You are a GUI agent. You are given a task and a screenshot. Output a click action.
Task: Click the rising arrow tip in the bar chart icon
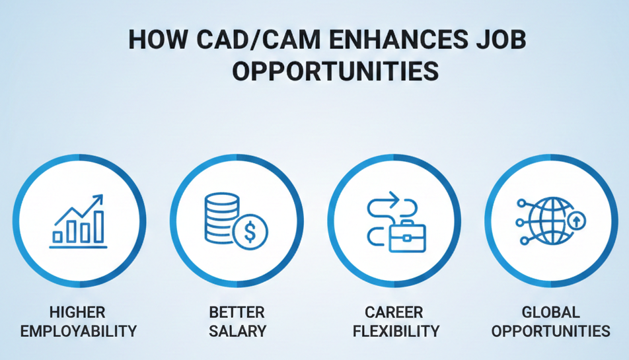100,198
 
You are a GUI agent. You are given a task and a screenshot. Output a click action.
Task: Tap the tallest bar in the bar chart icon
99,226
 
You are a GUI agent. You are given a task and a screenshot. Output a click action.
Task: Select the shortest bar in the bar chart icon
58,236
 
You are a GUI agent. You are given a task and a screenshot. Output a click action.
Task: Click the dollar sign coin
250,232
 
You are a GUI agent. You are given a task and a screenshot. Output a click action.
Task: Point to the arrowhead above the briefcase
394,197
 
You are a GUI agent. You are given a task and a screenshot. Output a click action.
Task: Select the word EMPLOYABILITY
79,330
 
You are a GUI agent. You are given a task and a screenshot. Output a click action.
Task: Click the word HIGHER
78,312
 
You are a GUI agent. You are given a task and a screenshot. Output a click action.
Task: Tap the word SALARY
237,330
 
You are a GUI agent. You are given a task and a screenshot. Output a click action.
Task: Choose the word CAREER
395,312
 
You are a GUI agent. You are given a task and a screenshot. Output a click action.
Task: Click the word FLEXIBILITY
396,330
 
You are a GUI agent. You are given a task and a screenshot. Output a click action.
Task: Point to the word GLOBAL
550,312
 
